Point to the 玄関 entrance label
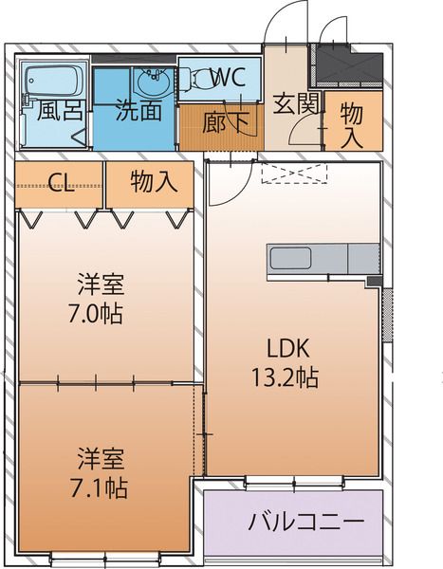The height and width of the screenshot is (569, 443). point(294,103)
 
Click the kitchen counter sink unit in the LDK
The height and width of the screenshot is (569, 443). point(323,258)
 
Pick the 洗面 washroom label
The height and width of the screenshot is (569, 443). point(138,110)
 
